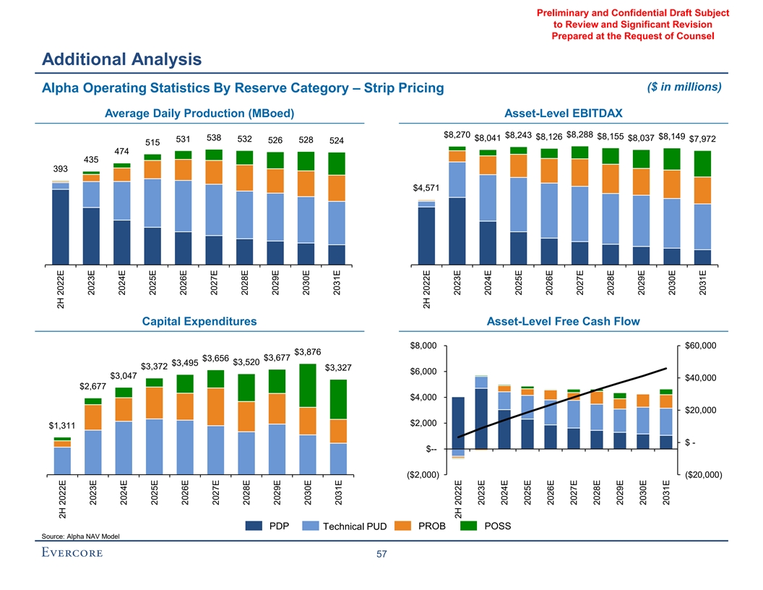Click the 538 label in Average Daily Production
pyautogui.click(x=214, y=137)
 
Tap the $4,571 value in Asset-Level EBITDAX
pyautogui.click(x=426, y=189)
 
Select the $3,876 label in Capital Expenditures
pyautogui.click(x=308, y=351)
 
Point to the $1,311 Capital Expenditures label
pyautogui.click(x=62, y=426)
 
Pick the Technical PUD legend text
pyautogui.click(x=355, y=526)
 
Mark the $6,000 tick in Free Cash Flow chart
pyautogui.click(x=423, y=372)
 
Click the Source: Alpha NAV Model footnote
pyautogui.click(x=81, y=536)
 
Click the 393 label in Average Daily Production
pyautogui.click(x=60, y=168)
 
